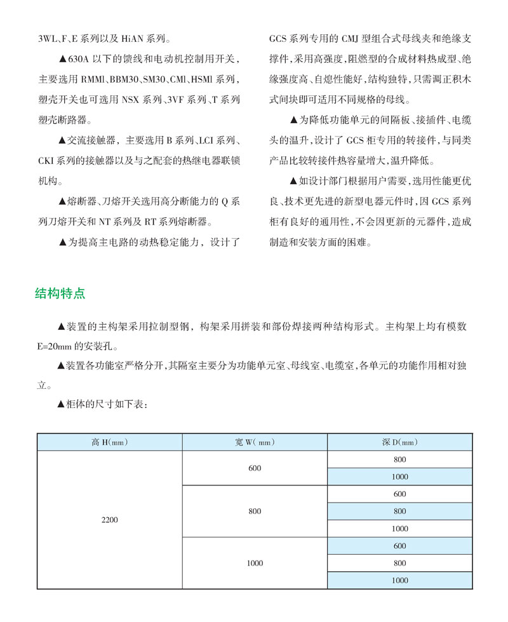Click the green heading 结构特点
click(60, 294)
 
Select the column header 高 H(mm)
click(110, 442)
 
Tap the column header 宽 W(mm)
click(255, 442)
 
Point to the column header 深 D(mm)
click(399, 442)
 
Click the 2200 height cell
click(110, 520)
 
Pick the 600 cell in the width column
click(255, 468)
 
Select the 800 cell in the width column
click(255, 511)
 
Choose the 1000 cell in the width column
click(255, 563)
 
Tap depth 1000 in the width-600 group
click(399, 477)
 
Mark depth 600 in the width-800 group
click(399, 494)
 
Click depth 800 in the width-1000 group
click(399, 563)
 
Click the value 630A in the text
click(78, 60)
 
